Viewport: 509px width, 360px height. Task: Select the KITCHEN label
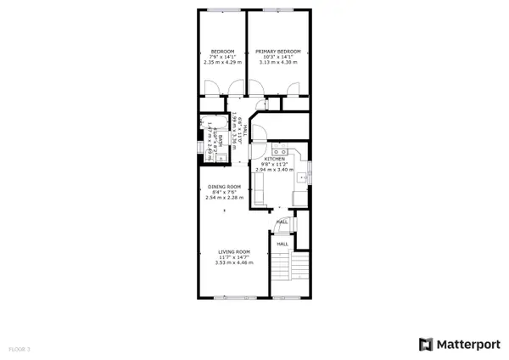tap(274, 159)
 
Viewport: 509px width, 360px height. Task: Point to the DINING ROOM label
tap(225, 187)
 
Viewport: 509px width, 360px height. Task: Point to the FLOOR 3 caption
tap(19, 349)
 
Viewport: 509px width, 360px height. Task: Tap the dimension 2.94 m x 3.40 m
tap(274, 170)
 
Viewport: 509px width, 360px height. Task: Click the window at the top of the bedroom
tap(222, 10)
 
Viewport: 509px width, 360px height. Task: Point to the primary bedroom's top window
tap(274, 10)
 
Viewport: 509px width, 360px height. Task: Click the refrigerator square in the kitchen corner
tap(299, 198)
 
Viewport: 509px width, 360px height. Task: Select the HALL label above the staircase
tap(282, 242)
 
